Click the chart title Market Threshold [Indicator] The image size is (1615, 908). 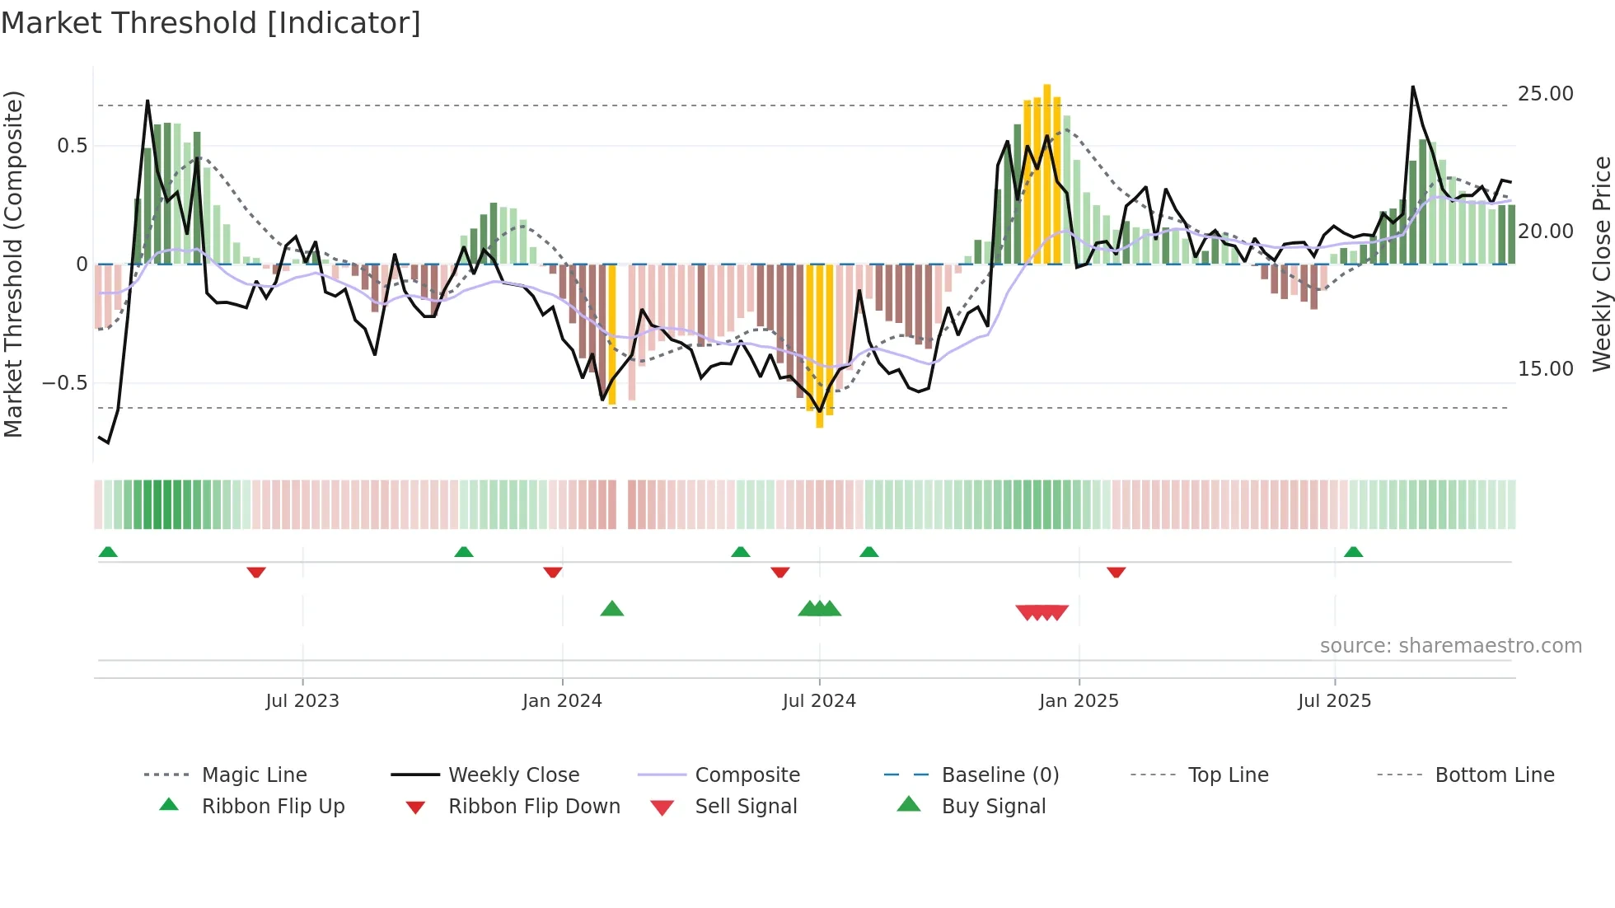[x=211, y=23]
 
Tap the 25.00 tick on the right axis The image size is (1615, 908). [x=1545, y=94]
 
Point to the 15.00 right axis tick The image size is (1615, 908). [x=1545, y=369]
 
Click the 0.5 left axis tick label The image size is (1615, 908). [x=72, y=146]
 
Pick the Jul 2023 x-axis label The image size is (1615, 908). [x=302, y=701]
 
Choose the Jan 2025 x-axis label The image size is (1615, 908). [x=1079, y=701]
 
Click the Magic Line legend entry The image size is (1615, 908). [x=254, y=775]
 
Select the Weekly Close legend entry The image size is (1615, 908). [x=513, y=775]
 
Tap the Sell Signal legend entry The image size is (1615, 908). [x=746, y=807]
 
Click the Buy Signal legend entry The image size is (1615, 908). [x=993, y=807]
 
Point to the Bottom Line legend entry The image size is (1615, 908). [x=1494, y=775]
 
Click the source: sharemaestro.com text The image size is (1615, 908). [x=1450, y=646]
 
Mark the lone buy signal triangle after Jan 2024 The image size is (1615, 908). [x=612, y=610]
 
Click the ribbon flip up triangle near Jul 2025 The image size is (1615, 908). [x=1353, y=552]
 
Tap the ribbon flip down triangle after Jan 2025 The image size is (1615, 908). [x=1116, y=572]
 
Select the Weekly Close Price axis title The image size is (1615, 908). [x=1601, y=264]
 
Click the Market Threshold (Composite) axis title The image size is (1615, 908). [x=13, y=264]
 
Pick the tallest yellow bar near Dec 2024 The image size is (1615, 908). [x=1046, y=173]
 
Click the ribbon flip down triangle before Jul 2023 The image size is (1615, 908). [x=256, y=572]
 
